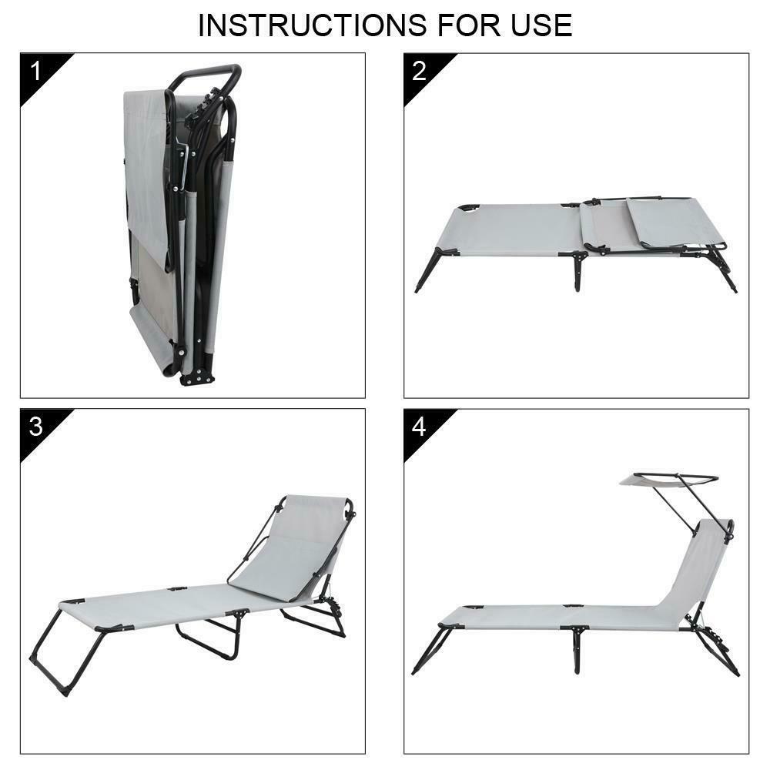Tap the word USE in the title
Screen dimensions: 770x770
541,25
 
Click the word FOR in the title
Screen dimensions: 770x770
469,25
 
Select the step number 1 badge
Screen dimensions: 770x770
36,71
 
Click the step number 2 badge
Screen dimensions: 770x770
419,71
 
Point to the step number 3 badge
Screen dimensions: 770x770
36,427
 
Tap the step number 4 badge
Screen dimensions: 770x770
419,427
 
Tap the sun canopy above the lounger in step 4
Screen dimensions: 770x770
668,479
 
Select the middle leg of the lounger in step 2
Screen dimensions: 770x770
578,271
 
